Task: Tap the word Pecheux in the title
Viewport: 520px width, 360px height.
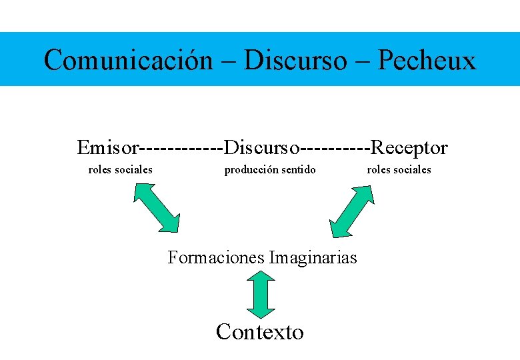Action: [427, 60]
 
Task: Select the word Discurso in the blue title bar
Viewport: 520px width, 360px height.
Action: [295, 60]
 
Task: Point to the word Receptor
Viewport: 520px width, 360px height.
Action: [409, 147]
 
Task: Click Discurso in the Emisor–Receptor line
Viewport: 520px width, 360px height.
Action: [263, 147]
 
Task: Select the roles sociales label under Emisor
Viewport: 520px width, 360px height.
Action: [121, 169]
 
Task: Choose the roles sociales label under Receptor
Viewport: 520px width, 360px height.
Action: [399, 169]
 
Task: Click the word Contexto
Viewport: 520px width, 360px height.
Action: [260, 331]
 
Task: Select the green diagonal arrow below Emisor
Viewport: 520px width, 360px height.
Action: [157, 207]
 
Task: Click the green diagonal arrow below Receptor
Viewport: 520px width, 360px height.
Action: [352, 210]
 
